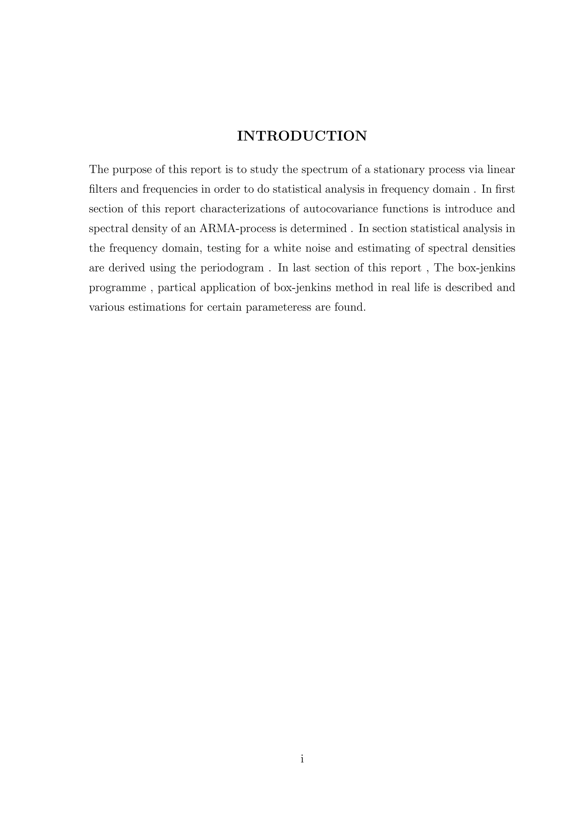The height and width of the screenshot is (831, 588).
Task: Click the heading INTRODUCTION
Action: [x=301, y=136]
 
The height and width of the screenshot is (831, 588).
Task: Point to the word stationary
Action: [x=398, y=170]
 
